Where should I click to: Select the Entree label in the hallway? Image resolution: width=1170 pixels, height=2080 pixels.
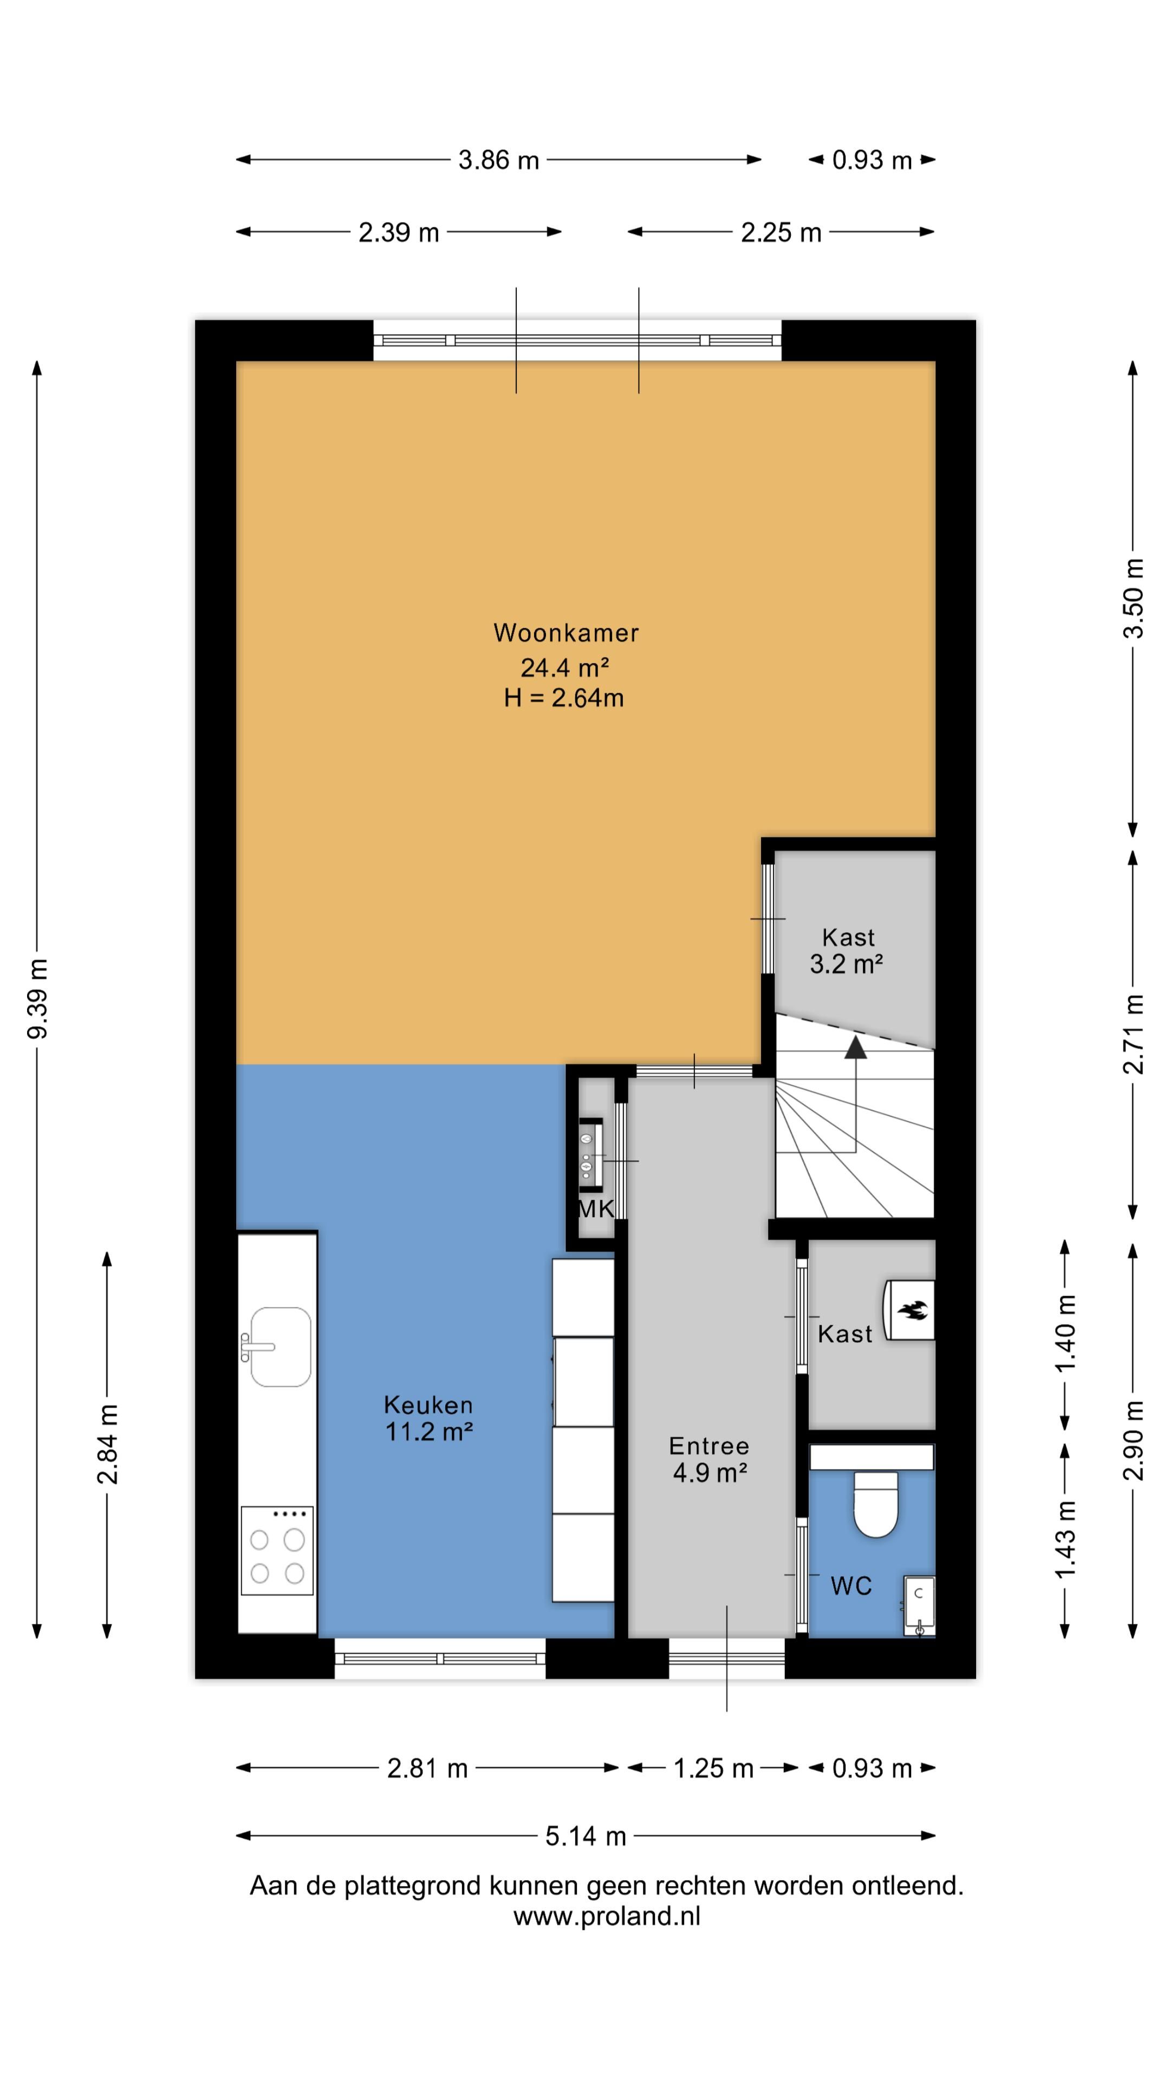point(709,1445)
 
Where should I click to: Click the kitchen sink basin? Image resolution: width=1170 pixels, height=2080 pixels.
point(280,1346)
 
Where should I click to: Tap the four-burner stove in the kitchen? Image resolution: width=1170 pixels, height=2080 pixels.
point(277,1550)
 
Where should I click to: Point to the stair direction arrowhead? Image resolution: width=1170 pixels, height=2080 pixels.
point(855,1046)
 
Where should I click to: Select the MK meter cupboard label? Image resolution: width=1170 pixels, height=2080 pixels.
point(596,1209)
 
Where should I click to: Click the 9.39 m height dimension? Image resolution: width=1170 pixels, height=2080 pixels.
point(37,999)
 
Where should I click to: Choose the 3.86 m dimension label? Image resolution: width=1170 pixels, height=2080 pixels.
point(498,160)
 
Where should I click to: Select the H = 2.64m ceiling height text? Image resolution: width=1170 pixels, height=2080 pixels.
point(563,698)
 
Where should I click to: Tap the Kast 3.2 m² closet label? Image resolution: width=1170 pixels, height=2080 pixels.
point(847,951)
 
